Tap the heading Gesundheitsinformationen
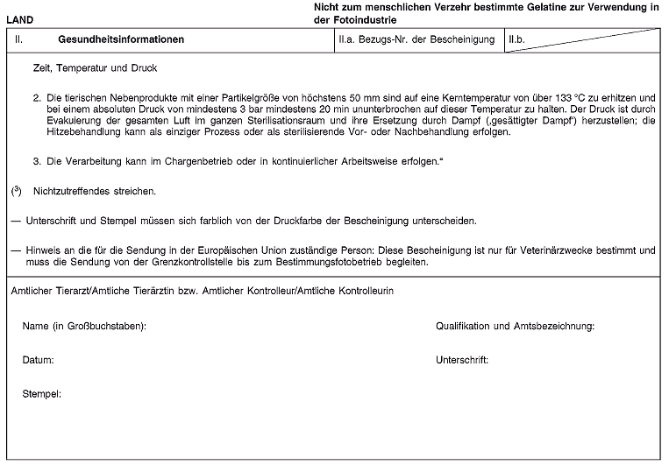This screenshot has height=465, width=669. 121,40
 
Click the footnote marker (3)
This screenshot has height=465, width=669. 16,189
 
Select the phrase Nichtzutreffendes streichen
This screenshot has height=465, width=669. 95,190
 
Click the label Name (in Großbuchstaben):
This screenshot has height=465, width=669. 84,327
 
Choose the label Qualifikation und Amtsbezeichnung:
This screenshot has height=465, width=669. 515,327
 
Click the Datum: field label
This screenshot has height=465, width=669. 39,360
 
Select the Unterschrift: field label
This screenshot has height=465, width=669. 461,360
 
